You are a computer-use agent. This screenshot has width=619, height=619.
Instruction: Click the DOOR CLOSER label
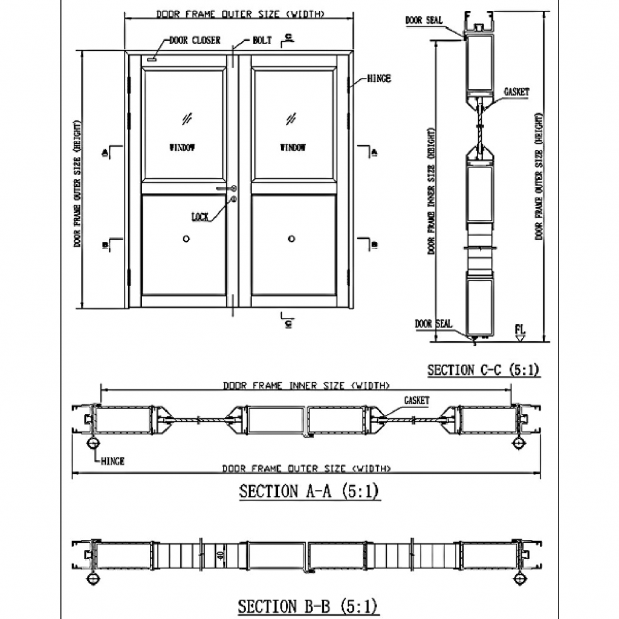pos(195,41)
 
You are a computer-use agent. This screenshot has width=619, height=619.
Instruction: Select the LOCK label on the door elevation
pos(199,216)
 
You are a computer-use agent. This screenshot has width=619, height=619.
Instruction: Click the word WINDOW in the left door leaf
pos(182,147)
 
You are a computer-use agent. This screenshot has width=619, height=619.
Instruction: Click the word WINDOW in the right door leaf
pos(293,147)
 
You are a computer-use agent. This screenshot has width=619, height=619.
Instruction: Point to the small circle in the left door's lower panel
pos(186,239)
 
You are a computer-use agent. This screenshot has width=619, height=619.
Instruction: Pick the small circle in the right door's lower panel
pos(291,239)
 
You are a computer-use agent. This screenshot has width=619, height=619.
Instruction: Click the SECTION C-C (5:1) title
pos(483,370)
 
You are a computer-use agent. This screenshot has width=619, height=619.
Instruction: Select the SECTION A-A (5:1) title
pos(309,491)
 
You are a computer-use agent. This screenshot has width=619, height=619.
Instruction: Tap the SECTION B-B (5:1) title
pos(308,606)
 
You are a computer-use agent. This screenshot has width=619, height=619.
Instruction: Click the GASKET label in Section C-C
pos(516,92)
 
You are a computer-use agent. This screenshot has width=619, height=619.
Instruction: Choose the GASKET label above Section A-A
pos(416,401)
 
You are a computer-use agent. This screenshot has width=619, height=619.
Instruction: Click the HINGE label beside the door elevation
pos(379,79)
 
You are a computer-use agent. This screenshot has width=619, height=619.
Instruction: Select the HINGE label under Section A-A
pos(112,461)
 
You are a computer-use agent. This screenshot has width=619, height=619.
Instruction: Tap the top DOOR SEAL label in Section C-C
pos(424,21)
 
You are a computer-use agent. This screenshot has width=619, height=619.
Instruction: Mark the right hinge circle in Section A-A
pos(518,444)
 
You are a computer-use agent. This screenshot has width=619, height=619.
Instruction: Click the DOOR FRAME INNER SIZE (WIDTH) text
pos(306,386)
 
